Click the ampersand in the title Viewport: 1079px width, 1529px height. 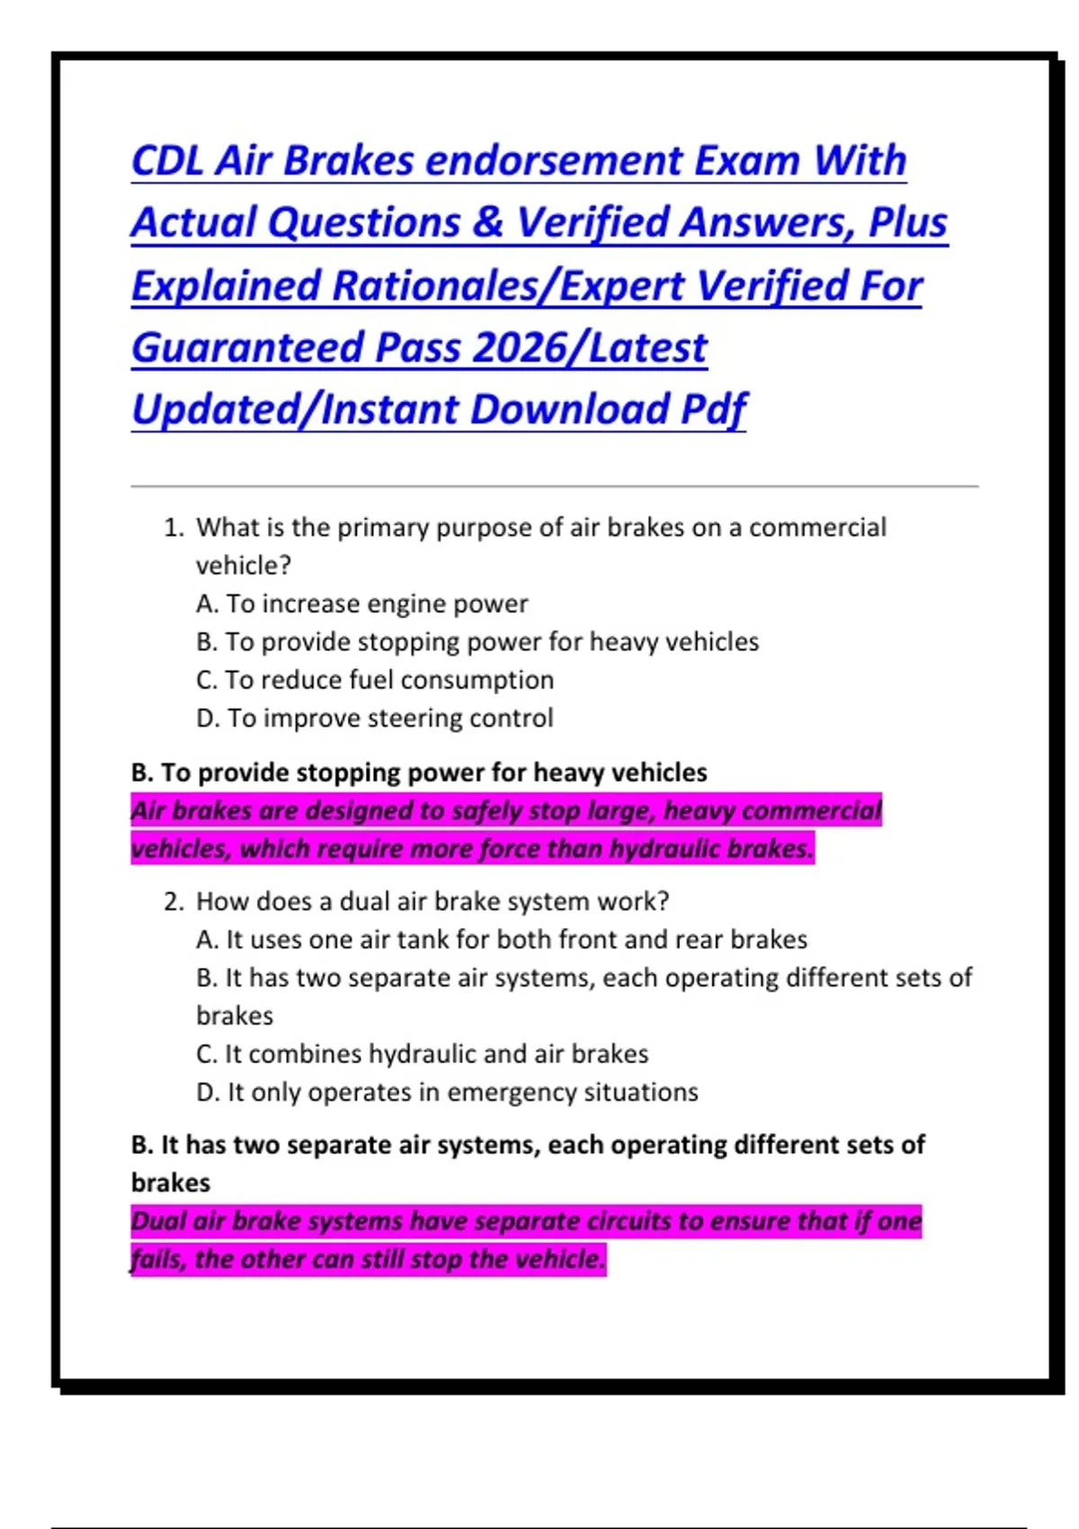[488, 223]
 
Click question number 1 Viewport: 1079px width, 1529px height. [173, 528]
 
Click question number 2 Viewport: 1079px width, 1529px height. [173, 902]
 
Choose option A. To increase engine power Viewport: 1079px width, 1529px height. [361, 604]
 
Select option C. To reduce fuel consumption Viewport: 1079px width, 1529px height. [374, 681]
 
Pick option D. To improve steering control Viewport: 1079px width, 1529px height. [374, 719]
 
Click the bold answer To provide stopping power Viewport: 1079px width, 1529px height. [418, 773]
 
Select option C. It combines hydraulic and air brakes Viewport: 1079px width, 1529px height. [422, 1054]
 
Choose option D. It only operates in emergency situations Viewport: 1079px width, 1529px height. [447, 1093]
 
